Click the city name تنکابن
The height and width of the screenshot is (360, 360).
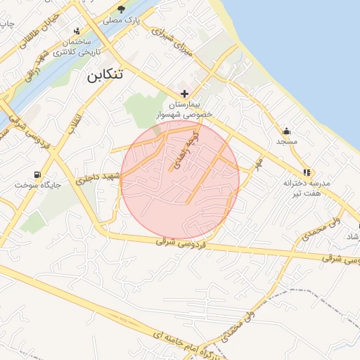[104, 75]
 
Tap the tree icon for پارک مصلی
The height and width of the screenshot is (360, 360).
[122, 9]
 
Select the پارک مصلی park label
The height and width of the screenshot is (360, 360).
[122, 20]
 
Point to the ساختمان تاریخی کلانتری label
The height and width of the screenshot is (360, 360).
[78, 47]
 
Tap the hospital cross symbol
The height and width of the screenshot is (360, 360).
[184, 94]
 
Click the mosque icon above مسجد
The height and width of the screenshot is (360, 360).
[287, 131]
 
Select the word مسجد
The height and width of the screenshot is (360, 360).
[287, 142]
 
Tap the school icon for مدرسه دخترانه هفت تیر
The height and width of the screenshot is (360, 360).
[307, 172]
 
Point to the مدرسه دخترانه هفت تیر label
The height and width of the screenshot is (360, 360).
[307, 188]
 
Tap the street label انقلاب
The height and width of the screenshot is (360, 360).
[72, 121]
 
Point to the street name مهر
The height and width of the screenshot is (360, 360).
[258, 163]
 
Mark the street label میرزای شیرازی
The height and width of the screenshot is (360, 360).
[172, 43]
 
